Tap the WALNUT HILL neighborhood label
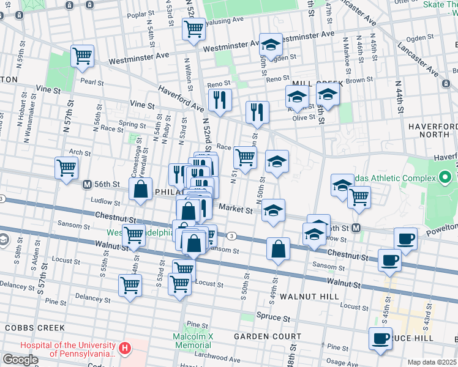click(x=305, y=297)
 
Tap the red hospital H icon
click(x=125, y=349)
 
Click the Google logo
click(x=20, y=359)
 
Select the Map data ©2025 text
click(x=432, y=362)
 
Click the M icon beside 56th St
click(x=88, y=183)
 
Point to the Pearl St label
click(x=91, y=81)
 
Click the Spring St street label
click(x=132, y=124)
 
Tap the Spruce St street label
click(x=276, y=319)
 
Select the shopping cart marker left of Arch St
click(x=66, y=168)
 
